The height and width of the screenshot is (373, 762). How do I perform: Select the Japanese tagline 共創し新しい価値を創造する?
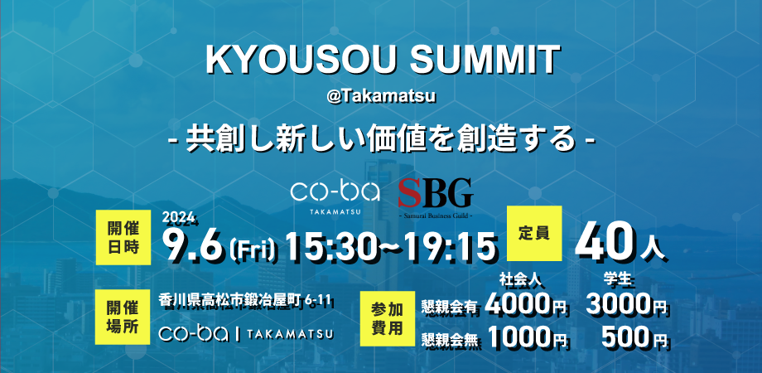coord(381,138)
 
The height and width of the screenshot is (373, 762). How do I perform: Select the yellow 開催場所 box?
coord(122,316)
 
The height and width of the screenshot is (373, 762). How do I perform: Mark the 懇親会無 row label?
coord(451,338)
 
